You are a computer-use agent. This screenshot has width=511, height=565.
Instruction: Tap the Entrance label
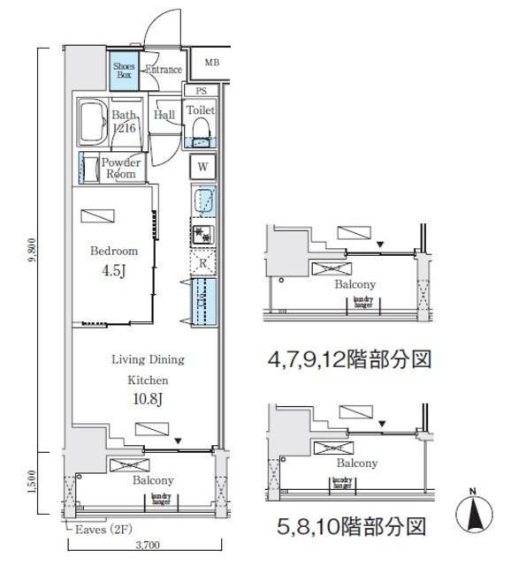click(x=163, y=71)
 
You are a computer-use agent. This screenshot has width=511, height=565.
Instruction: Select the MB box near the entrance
click(x=211, y=63)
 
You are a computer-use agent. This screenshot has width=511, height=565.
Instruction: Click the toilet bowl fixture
click(x=200, y=132)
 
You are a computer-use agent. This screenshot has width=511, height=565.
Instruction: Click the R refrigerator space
click(x=202, y=262)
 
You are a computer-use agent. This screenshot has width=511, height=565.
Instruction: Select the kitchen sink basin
click(x=202, y=201)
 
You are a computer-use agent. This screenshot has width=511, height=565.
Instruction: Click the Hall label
click(x=164, y=115)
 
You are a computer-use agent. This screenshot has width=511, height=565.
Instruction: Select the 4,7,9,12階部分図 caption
click(x=349, y=360)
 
